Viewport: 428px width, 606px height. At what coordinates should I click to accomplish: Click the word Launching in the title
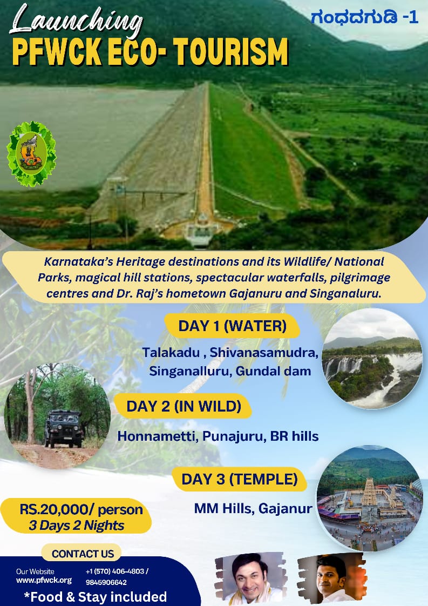coord(76,20)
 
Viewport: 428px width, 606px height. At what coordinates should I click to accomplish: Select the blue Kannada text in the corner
coord(365,17)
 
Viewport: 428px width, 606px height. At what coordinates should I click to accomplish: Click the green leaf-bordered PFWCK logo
coord(31,153)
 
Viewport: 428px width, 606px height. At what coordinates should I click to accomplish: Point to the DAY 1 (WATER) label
coord(232,326)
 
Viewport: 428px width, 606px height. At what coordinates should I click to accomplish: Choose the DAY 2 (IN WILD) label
coord(184,406)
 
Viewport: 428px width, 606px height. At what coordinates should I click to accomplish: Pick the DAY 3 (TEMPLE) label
coord(240,479)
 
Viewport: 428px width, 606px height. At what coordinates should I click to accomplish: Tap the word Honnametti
coord(158,436)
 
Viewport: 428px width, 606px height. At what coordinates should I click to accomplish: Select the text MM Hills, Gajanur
coord(253,508)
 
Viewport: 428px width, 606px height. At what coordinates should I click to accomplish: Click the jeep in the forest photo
coord(63,428)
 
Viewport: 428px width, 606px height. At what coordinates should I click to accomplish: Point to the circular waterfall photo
coord(372,359)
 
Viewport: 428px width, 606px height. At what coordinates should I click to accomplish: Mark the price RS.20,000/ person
coord(81,509)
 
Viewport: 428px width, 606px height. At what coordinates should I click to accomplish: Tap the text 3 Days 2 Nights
coord(77,526)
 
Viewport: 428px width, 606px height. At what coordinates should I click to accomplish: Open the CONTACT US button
coord(82,554)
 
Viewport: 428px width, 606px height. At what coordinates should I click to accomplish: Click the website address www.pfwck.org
coord(44,580)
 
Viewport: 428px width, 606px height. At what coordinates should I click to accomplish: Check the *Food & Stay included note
coord(96,597)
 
